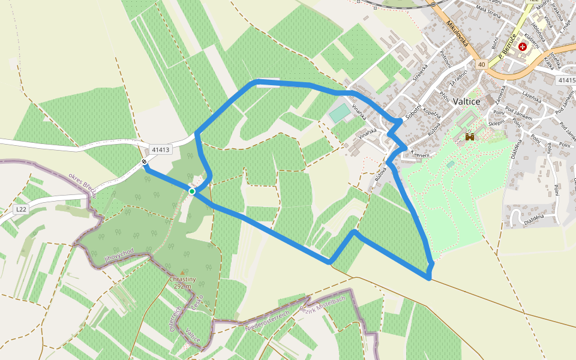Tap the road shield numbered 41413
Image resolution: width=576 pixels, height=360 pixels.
161,149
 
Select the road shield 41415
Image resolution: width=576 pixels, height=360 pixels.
565,80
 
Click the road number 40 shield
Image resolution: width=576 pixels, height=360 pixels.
481,64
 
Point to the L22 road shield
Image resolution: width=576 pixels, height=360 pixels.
21,209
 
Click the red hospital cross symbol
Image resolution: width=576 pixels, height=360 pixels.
522,46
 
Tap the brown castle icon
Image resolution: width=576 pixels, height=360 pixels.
470,137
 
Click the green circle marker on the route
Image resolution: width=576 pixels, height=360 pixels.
192,191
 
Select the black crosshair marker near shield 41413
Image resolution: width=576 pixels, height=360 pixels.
145,162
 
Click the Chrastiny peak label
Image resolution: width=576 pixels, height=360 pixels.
182,279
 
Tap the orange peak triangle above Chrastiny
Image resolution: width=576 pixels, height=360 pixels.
182,272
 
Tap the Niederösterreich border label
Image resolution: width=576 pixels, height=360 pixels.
267,321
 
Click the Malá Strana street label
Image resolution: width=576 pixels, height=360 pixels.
488,8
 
